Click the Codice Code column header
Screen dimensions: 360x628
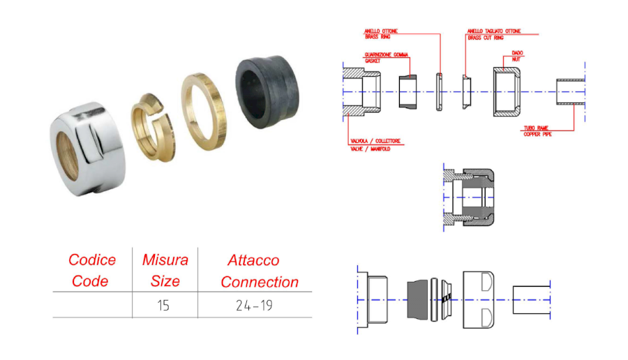pos(91,271)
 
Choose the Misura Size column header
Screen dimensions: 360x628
pos(165,271)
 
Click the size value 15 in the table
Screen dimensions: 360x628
pos(163,306)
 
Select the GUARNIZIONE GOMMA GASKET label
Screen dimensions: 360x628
pos(386,58)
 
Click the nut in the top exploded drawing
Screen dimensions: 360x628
pos(507,91)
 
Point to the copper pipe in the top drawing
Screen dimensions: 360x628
pos(570,91)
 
